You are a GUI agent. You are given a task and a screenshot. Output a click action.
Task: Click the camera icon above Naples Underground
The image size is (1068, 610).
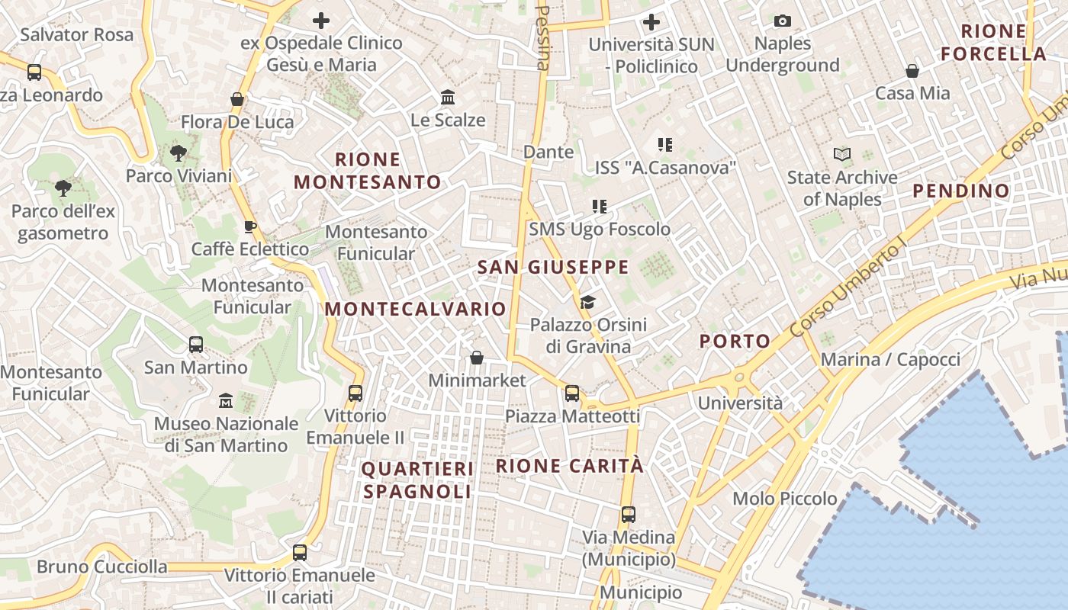(x=782, y=21)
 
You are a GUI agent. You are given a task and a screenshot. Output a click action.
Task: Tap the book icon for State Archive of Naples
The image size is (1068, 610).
(x=842, y=155)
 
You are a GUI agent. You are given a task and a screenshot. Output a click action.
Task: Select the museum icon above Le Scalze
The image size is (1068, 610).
(x=448, y=98)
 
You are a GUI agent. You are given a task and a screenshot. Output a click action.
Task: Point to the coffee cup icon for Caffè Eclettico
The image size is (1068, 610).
(x=249, y=226)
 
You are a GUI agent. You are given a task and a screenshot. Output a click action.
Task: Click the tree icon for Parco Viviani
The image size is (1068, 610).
(x=179, y=153)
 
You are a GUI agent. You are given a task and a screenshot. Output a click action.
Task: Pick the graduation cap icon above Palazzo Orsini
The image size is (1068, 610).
(x=587, y=303)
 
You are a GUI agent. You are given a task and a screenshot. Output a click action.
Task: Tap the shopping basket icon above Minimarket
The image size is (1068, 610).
(x=477, y=358)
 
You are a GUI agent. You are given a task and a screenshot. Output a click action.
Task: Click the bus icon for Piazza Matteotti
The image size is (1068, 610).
(x=572, y=393)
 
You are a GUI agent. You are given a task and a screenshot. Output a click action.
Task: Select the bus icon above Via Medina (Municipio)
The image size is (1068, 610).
(x=628, y=515)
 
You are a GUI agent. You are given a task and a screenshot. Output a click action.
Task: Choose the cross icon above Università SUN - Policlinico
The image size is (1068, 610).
(x=651, y=21)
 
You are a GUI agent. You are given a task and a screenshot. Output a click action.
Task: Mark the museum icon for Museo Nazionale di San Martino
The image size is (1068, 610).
(x=226, y=400)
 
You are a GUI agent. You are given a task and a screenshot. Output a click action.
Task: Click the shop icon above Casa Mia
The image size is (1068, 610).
(x=912, y=71)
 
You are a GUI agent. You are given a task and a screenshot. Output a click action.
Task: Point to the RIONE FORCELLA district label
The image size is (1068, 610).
(x=993, y=43)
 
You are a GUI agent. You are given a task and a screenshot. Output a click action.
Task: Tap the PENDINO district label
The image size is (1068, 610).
(x=961, y=191)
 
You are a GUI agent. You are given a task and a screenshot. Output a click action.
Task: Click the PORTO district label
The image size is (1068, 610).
(x=735, y=342)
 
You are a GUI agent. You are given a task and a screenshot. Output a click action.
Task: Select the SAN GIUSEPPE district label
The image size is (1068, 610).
(x=553, y=268)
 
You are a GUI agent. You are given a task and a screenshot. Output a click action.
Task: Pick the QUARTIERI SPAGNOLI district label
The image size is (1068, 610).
(x=417, y=480)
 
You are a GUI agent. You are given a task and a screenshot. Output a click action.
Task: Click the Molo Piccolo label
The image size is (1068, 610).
(x=785, y=499)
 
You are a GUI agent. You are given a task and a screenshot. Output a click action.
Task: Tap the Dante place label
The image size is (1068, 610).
(x=548, y=152)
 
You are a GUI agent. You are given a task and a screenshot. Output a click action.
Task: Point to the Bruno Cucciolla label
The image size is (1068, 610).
(x=102, y=567)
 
